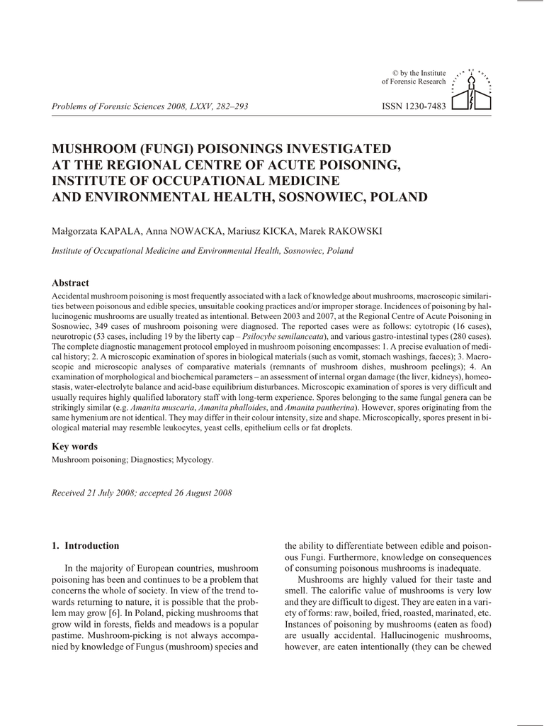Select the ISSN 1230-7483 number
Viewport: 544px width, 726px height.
point(414,106)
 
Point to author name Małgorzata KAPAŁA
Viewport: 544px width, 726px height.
point(96,232)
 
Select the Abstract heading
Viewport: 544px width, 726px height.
point(71,283)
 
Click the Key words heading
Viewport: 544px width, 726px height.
point(75,447)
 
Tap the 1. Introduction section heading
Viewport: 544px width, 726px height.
point(86,546)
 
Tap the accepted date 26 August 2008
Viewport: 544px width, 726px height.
point(200,493)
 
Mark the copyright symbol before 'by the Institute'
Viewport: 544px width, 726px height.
point(395,73)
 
